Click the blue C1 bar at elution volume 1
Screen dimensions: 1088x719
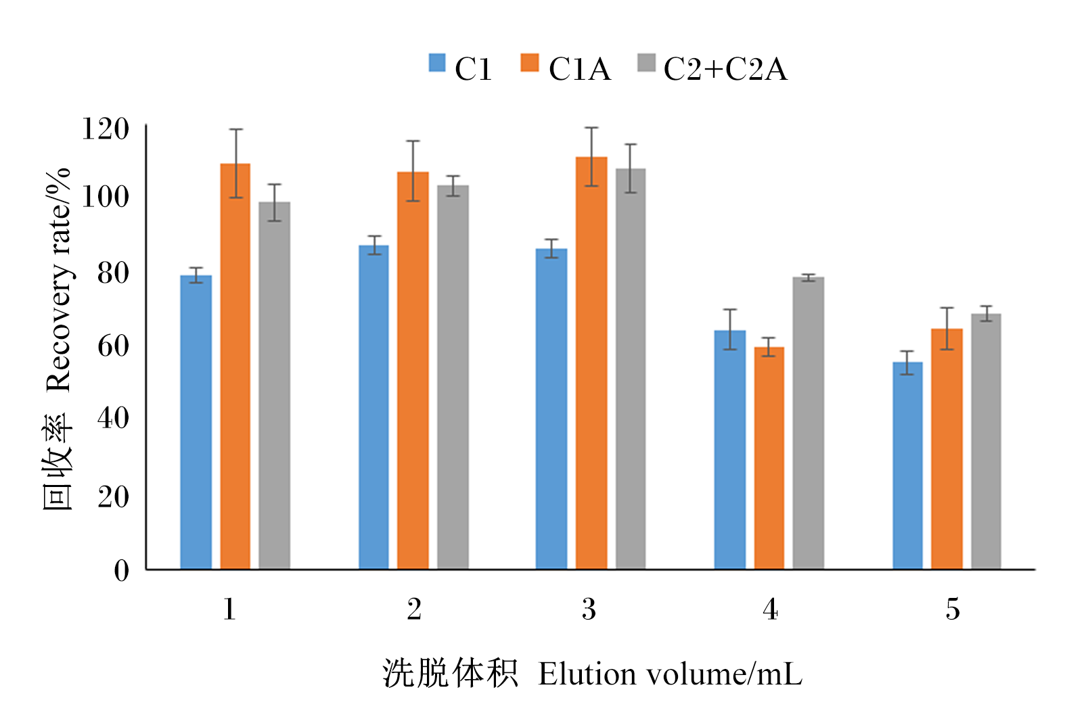[196, 422]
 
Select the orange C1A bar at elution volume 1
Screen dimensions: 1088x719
[235, 366]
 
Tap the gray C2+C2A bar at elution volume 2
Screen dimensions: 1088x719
[453, 377]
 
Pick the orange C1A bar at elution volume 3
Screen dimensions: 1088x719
[591, 363]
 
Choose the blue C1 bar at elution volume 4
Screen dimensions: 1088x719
[729, 450]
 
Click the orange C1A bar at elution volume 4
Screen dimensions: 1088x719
[769, 458]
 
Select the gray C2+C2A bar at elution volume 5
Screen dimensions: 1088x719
[986, 441]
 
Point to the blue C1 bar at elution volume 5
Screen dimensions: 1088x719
[907, 465]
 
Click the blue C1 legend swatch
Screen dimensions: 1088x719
[436, 63]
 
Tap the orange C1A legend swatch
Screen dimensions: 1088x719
[529, 63]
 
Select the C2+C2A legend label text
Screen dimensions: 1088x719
[725, 69]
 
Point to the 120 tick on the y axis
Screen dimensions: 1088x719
[106, 129]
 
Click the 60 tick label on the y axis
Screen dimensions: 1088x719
[113, 346]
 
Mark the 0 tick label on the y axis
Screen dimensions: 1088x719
[121, 570]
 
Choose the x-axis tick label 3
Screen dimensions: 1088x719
[589, 609]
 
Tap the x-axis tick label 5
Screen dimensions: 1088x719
[953, 609]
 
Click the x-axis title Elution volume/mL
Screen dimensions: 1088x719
[670, 674]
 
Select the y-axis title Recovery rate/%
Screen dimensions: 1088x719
[58, 280]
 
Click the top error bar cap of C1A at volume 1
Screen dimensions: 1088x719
[235, 129]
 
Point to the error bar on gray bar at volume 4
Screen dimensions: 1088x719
[809, 277]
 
